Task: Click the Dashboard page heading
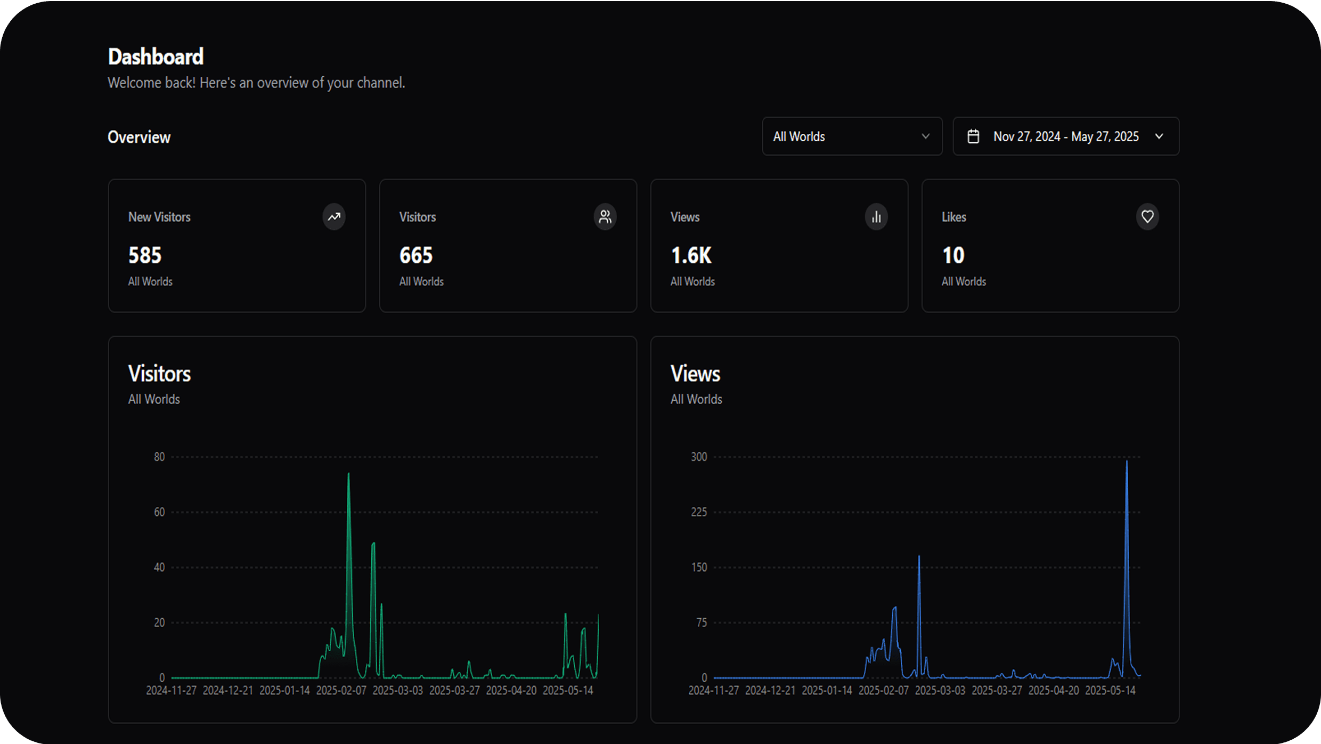[x=156, y=57]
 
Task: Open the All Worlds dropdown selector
[x=852, y=136]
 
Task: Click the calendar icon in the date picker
[x=973, y=136]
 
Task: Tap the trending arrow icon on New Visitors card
[x=334, y=217]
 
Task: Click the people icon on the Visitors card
[x=605, y=217]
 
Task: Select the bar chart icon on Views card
[x=876, y=217]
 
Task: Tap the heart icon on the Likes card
[x=1147, y=217]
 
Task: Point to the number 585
[x=145, y=255]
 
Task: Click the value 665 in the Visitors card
[x=416, y=255]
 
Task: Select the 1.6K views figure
[x=691, y=255]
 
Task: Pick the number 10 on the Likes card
[x=953, y=255]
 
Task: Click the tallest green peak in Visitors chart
[x=349, y=474]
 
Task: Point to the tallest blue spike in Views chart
[x=1127, y=462]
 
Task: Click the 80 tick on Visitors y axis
[x=159, y=457]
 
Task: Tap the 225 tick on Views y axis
[x=699, y=512]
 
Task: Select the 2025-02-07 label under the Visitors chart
[x=341, y=691]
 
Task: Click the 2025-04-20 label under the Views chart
[x=1054, y=691]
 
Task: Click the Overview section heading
[x=139, y=138]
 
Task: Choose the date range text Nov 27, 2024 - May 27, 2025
[x=1066, y=136]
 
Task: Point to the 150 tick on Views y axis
[x=699, y=567]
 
